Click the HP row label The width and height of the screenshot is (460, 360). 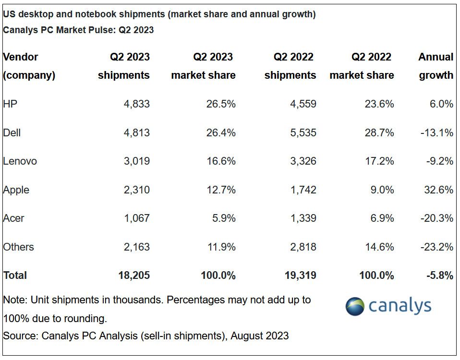coord(10,104)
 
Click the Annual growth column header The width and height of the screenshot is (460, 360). coord(436,66)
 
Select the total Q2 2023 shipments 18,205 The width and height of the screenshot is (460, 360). coord(134,276)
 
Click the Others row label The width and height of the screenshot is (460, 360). coord(18,247)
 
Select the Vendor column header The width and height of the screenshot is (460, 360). coord(20,57)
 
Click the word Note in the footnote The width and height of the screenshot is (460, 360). coord(13,300)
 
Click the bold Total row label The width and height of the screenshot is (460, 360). coord(15,276)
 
